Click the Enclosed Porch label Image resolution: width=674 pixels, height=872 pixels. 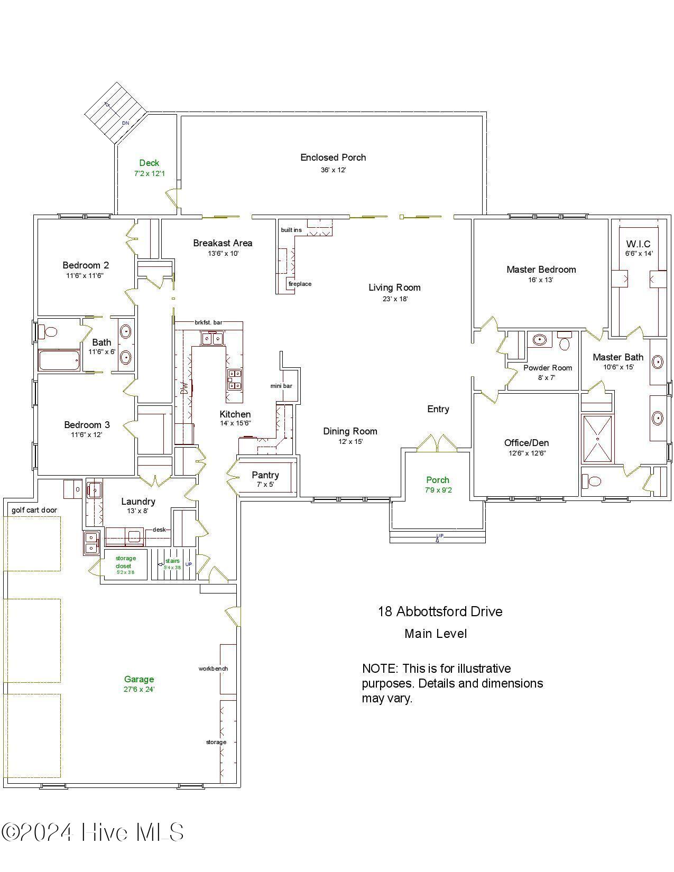(333, 157)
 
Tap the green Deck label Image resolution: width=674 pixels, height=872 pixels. (149, 163)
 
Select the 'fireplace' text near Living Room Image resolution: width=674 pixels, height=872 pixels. (300, 284)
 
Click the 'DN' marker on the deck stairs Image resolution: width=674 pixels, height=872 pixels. (125, 123)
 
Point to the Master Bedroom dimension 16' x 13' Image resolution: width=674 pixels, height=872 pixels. (540, 280)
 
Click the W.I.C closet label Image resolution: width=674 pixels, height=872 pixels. (639, 244)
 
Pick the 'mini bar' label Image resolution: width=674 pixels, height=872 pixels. (281, 386)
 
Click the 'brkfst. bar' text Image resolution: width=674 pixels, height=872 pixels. (208, 322)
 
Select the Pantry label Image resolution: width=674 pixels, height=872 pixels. (265, 475)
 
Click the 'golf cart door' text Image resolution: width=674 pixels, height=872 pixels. (34, 510)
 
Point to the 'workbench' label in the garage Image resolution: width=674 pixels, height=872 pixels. (213, 669)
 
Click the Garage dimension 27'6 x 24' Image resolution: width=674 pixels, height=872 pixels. (139, 690)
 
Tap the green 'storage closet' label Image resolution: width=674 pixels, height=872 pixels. (126, 562)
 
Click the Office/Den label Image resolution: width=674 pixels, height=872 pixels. (527, 443)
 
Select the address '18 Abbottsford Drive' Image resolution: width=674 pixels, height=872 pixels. (440, 611)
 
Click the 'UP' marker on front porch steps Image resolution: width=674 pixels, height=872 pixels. (439, 536)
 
